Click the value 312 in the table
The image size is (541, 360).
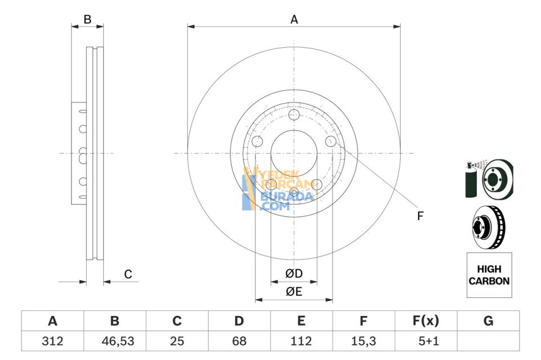point(52,340)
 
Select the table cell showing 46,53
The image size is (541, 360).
point(114,340)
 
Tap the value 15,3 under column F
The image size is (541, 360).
point(363,340)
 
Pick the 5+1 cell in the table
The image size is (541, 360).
point(425,340)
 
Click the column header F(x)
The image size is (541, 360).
point(425,321)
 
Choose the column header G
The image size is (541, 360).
point(488,321)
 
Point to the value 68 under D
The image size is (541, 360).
point(239,340)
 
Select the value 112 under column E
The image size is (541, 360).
point(301,340)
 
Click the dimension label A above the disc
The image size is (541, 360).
point(294,20)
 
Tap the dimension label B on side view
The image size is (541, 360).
point(87,19)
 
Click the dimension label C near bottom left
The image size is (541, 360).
point(128,274)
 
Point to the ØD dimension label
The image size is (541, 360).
point(294,274)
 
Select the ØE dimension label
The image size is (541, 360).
point(294,291)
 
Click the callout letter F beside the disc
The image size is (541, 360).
point(420,215)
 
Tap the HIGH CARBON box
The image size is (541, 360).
point(489,275)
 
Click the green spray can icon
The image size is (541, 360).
point(471,180)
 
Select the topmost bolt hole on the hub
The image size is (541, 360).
point(294,115)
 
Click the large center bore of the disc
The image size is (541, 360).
point(294,153)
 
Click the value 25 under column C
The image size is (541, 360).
point(177,340)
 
